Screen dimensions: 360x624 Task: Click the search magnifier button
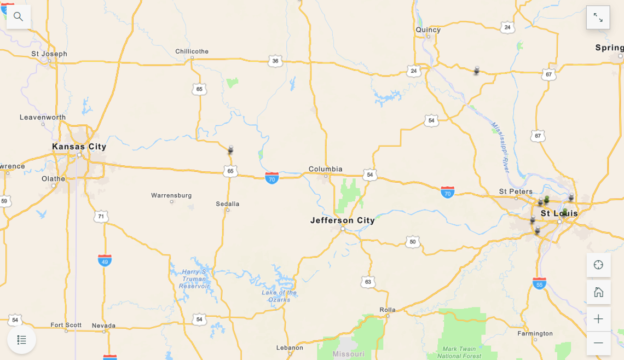click(x=19, y=16)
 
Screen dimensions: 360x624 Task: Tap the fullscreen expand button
click(x=598, y=18)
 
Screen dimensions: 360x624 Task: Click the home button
click(x=598, y=292)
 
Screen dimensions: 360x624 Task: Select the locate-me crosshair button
click(x=598, y=265)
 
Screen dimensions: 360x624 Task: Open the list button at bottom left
click(x=22, y=340)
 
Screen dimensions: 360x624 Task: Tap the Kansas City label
click(x=79, y=147)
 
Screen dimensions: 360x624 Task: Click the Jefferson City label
click(x=343, y=220)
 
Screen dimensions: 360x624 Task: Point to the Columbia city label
click(x=325, y=169)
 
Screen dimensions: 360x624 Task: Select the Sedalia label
click(x=228, y=204)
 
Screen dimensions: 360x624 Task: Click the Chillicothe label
click(x=192, y=51)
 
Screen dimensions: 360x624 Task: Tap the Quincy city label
click(x=428, y=30)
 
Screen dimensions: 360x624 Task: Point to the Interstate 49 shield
click(x=105, y=260)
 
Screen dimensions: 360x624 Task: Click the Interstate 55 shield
click(x=539, y=283)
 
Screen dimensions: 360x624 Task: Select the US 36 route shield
click(x=275, y=61)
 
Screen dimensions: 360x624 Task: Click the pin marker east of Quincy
click(x=476, y=71)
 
